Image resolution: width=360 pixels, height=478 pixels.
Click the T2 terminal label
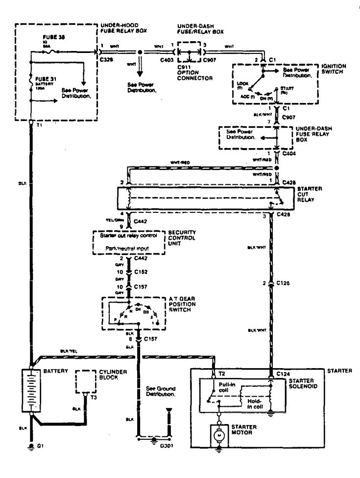[x=222, y=375]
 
